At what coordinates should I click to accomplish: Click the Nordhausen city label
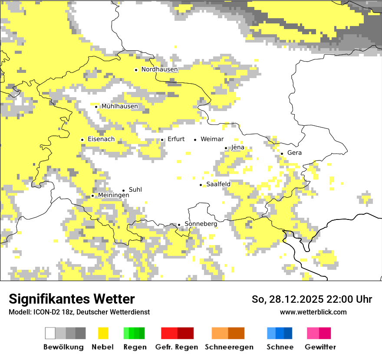coord(159,69)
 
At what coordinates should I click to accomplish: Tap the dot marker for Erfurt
coord(162,140)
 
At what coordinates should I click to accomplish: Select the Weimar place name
coord(212,139)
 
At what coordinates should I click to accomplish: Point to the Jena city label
coord(238,147)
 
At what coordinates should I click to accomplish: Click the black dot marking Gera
coord(282,153)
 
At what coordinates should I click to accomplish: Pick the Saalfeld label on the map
coord(218,184)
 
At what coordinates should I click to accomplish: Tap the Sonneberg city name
coord(201,224)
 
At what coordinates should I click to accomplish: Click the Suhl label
coord(135,190)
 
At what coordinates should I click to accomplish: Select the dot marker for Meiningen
coord(92,196)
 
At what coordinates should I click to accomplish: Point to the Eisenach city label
coord(101,139)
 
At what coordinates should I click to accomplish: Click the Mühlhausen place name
coord(120,106)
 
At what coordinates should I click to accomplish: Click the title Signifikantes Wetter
coord(72,299)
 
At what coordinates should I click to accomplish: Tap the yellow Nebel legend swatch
coord(103,333)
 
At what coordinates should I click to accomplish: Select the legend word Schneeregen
coord(229,347)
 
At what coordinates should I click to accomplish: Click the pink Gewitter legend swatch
coord(313,333)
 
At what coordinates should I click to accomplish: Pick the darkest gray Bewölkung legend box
coord(80,333)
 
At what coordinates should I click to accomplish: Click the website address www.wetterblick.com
coord(313,312)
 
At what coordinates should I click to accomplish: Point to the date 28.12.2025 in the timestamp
coord(295,299)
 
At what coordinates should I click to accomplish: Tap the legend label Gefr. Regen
coord(176,347)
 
